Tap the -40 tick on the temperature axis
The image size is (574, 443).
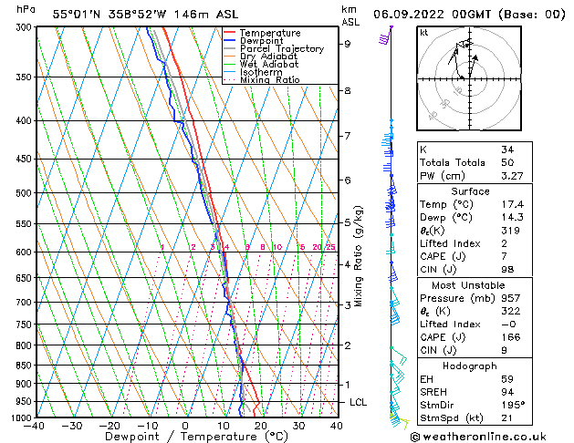point(36,426)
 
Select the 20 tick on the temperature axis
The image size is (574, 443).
point(260,426)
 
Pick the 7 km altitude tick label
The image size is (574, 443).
point(348,136)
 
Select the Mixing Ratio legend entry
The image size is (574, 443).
point(270,80)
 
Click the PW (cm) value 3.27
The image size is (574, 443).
point(513,176)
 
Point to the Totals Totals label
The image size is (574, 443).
point(449,162)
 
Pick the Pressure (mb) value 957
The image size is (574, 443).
point(510,297)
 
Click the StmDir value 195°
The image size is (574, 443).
point(512,404)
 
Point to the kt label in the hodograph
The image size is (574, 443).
point(423,32)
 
